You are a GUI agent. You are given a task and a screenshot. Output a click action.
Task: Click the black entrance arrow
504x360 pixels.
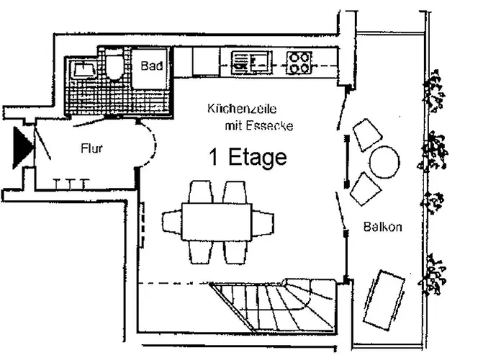click(22, 148)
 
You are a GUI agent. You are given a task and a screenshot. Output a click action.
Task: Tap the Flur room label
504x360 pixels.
click(91, 148)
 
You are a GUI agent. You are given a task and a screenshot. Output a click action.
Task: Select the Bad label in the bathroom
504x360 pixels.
click(152, 66)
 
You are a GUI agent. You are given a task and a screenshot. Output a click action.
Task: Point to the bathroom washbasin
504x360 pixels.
click(84, 69)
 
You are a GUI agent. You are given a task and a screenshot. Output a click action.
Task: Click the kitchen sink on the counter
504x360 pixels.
click(252, 61)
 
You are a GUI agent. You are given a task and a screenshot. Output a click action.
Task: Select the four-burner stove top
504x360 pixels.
click(300, 63)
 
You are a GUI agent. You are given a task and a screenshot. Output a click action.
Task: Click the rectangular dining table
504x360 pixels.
click(217, 222)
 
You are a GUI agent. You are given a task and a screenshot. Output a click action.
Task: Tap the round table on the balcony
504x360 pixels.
click(384, 162)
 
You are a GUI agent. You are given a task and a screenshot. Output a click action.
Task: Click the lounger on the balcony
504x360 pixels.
click(384, 301)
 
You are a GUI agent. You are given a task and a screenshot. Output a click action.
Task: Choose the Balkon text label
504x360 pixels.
click(382, 227)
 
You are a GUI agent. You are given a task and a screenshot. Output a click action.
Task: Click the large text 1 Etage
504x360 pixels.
click(248, 157)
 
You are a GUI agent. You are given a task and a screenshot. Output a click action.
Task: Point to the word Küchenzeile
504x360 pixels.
click(242, 109)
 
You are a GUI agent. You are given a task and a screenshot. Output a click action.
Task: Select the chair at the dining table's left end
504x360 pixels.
click(172, 222)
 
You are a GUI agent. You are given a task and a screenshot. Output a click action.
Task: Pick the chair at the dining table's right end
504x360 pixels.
click(263, 222)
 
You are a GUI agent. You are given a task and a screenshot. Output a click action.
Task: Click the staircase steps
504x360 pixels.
click(273, 305)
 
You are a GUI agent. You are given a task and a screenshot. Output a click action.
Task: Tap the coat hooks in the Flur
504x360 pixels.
click(70, 184)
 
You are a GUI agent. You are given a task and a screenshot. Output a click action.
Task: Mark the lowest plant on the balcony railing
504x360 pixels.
click(432, 274)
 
